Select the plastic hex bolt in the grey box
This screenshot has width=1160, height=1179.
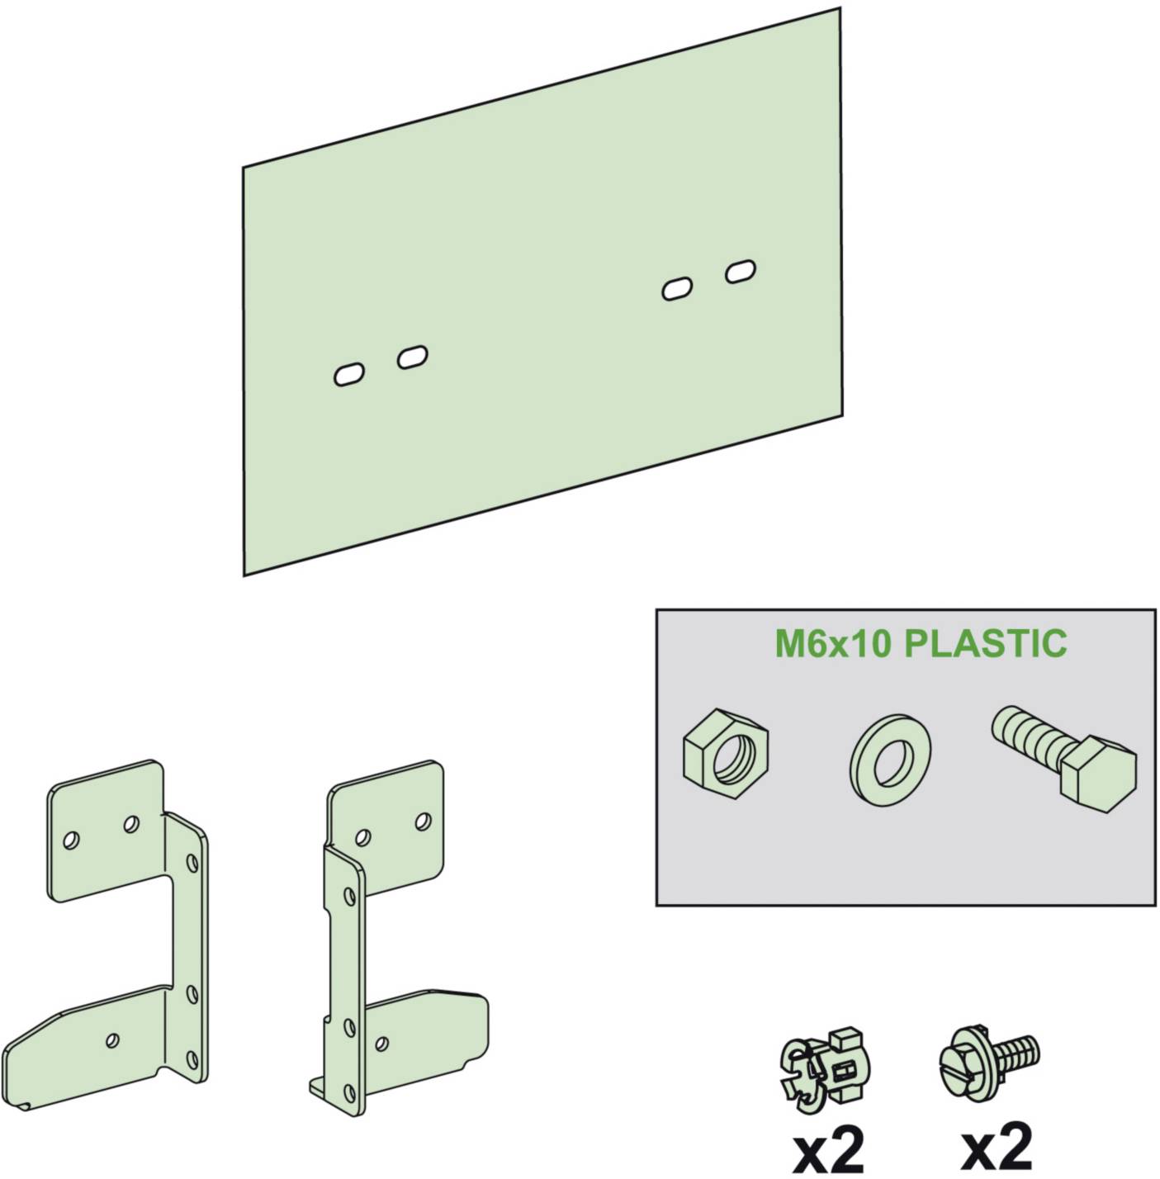[x=1065, y=752]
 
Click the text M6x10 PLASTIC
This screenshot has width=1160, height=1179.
[x=920, y=643]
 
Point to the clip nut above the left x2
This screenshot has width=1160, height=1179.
[x=826, y=1065]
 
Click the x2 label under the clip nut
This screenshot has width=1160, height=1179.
[x=827, y=1148]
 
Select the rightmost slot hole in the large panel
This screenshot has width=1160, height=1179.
[x=741, y=271]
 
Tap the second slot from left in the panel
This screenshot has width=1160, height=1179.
[x=412, y=357]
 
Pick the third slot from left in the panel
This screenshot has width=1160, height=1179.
[x=677, y=289]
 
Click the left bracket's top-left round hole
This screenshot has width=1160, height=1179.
[x=72, y=840]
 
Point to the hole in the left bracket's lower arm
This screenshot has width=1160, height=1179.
[x=112, y=1039]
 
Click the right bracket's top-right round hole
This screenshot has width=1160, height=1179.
[x=423, y=821]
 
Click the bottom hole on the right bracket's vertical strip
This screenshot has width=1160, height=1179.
[x=350, y=1088]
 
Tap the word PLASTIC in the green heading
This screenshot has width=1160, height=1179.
[x=986, y=643]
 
